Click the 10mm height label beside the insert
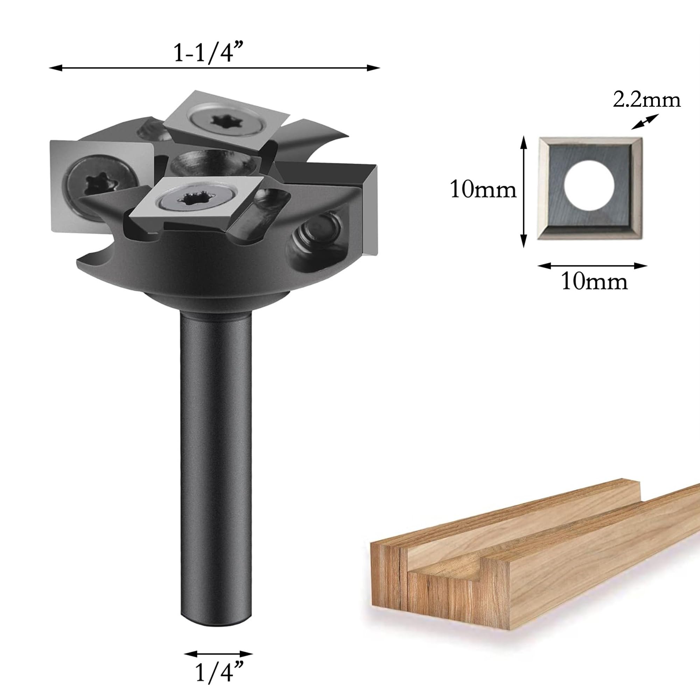(x=483, y=189)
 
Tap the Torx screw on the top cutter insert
(x=220, y=119)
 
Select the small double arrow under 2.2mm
(x=644, y=122)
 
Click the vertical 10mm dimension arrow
(x=523, y=192)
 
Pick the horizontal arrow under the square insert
(x=592, y=266)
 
